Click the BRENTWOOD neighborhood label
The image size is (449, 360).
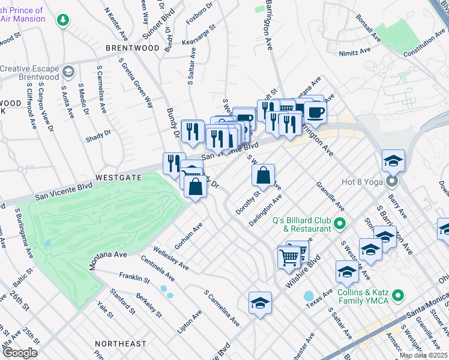coord(133,47)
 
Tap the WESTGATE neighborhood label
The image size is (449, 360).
coord(118,178)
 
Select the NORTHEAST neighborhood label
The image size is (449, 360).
coord(120,344)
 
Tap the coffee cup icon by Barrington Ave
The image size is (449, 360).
coord(315,112)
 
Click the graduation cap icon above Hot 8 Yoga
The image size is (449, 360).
coord(393,160)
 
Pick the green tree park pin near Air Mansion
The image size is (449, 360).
coord(62,20)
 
